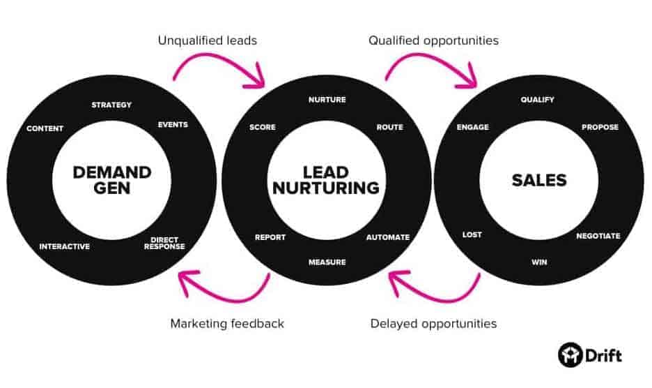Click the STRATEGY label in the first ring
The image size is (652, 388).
(111, 105)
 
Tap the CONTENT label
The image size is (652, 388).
(45, 128)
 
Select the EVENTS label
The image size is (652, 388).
(173, 125)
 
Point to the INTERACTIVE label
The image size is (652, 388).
(65, 246)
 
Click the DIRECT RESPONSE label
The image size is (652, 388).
(164, 243)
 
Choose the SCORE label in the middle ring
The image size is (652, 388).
(263, 127)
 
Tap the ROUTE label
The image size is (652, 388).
(390, 127)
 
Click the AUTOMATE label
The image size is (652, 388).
(388, 237)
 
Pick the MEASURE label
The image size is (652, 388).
(327, 262)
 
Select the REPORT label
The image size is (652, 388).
(270, 237)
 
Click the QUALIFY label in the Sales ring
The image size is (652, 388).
(538, 100)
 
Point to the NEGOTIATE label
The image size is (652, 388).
(598, 236)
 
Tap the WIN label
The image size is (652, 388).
(539, 262)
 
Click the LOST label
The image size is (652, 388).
(472, 234)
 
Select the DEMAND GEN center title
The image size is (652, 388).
(112, 180)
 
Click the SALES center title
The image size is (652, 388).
(539, 181)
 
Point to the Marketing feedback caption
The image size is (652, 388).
(227, 323)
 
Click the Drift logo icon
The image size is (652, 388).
(570, 355)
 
